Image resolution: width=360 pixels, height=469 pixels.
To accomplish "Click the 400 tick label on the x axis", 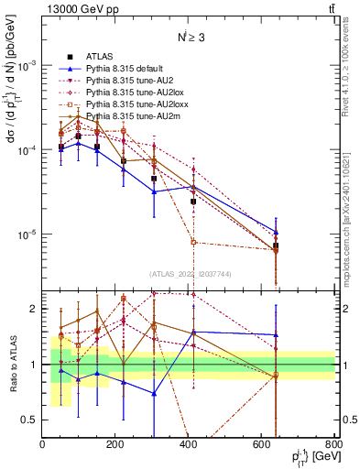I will click(x=189, y=446).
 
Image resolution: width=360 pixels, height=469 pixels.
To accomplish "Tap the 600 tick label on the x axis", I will click(x=262, y=446).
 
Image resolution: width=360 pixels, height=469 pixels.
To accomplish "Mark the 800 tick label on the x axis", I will click(x=333, y=446).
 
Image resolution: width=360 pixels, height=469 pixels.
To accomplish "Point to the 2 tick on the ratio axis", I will click(x=35, y=309).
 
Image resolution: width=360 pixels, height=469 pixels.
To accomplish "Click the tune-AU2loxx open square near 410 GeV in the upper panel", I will click(x=193, y=242).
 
